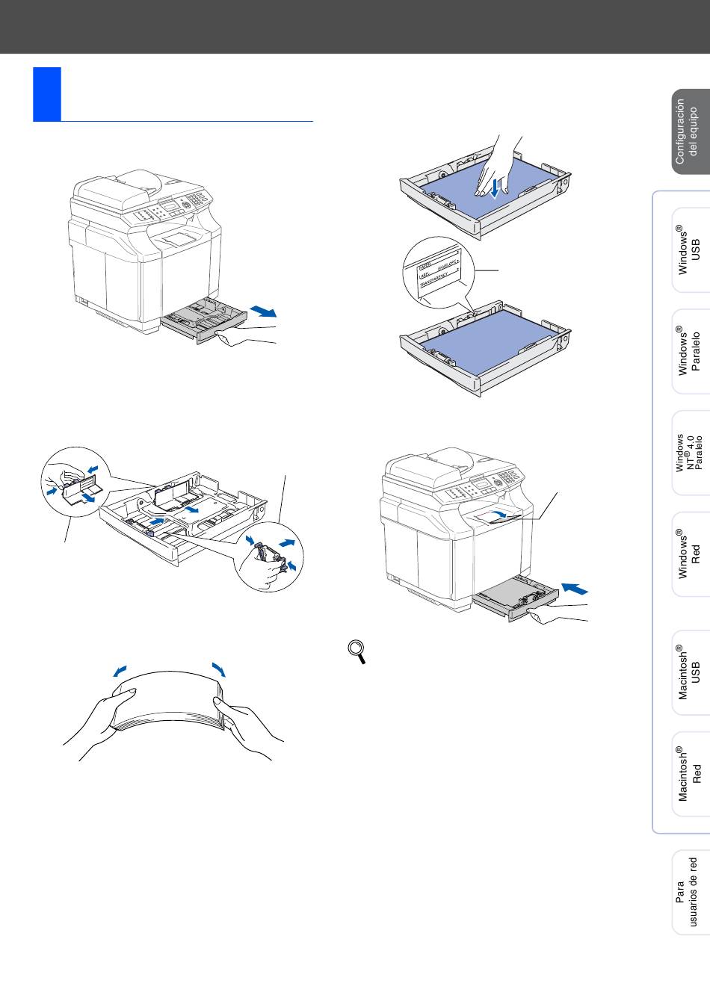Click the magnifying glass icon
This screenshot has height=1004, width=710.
click(x=358, y=651)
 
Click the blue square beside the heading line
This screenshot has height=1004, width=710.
click(x=46, y=94)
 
